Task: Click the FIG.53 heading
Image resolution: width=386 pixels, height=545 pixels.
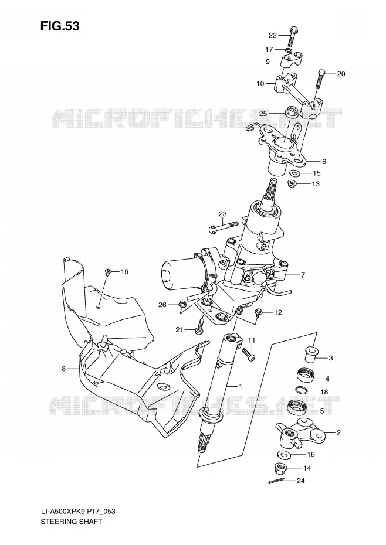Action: coord(60,26)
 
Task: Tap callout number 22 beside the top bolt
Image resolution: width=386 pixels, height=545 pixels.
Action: coord(273,35)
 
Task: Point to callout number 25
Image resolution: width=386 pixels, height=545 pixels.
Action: coord(263,113)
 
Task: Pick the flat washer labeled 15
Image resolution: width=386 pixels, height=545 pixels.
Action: coord(296,173)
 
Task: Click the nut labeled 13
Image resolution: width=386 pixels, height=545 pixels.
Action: coord(292,183)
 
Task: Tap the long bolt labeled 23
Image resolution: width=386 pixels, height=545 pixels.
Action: coord(224,226)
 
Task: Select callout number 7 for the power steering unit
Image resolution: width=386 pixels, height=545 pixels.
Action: coord(303,275)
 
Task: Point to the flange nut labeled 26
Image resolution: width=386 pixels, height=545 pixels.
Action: coord(181,305)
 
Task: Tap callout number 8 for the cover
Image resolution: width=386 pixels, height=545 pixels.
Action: coord(64,369)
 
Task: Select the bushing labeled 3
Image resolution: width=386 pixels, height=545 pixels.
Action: coord(311,354)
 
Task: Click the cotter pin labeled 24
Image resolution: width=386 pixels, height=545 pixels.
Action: coord(277,481)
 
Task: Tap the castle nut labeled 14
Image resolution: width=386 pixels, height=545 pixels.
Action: coord(282,469)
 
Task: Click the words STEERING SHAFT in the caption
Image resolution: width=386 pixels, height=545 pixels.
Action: coord(72,521)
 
